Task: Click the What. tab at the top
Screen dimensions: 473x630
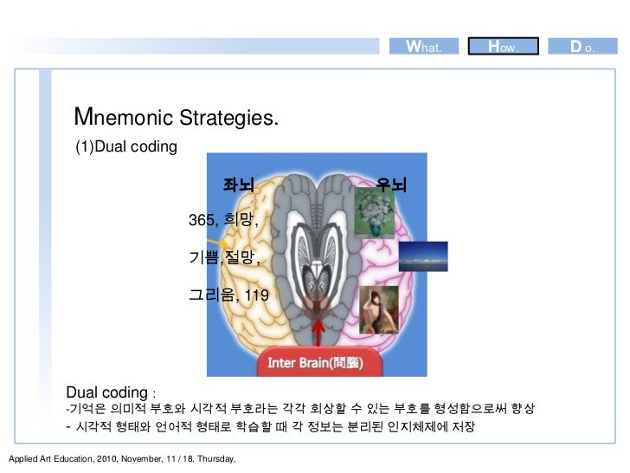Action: click(x=428, y=46)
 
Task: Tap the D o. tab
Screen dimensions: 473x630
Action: click(x=581, y=46)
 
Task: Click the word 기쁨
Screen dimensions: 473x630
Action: click(x=204, y=257)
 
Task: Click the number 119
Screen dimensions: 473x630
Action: click(x=257, y=296)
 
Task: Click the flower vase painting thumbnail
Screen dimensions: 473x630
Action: click(x=374, y=213)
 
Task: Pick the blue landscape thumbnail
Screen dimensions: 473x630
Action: click(x=423, y=253)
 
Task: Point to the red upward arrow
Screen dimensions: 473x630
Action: click(x=320, y=333)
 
